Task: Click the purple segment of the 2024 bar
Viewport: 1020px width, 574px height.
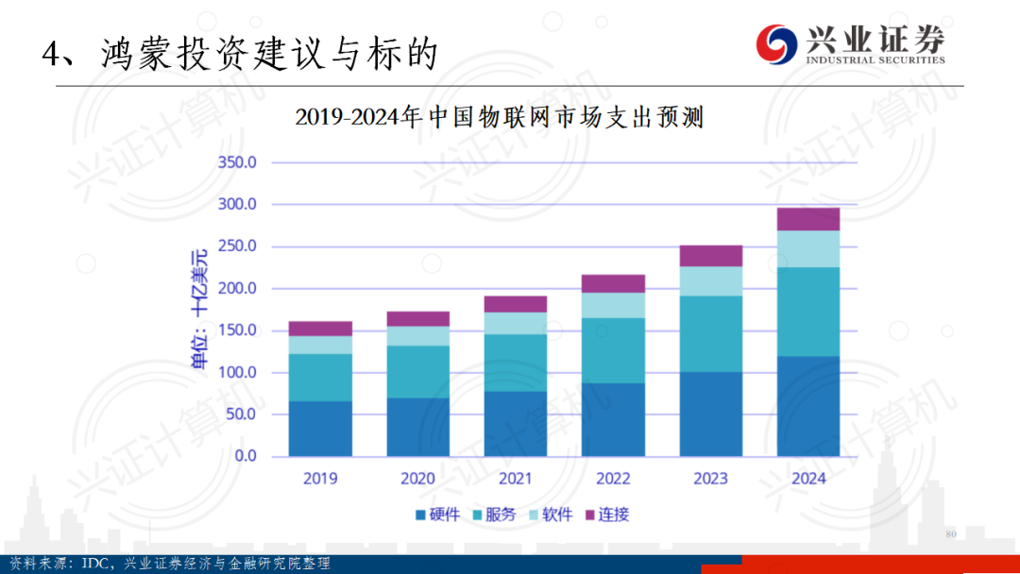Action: (807, 219)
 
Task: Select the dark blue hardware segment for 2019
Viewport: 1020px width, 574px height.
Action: (320, 429)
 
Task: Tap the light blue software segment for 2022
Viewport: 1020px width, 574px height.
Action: (613, 305)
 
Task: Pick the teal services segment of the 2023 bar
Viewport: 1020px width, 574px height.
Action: (710, 333)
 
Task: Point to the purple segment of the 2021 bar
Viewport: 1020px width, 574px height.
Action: (515, 304)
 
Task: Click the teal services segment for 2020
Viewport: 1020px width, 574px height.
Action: (417, 372)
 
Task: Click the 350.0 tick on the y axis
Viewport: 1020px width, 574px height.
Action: (237, 162)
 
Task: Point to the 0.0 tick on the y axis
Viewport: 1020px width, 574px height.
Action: (245, 456)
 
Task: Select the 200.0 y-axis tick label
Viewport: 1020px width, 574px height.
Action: (237, 288)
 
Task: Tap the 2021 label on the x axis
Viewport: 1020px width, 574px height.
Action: (515, 479)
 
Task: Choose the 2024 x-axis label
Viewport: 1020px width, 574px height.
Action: (807, 479)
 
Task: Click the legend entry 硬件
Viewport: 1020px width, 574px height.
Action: (437, 515)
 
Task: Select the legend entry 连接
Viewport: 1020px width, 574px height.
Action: (607, 515)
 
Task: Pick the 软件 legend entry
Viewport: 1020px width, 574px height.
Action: (551, 515)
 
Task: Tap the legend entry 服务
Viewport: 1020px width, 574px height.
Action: (494, 515)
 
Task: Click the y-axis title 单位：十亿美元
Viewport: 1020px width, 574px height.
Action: (199, 309)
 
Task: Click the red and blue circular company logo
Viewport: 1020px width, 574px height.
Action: (776, 43)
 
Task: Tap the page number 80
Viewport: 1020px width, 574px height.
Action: (950, 534)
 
